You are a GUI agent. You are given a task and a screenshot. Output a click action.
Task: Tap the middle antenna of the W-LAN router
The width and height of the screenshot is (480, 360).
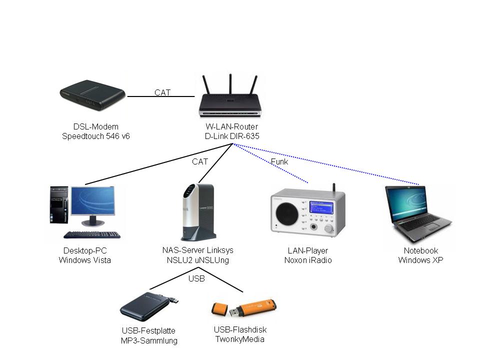[230, 85]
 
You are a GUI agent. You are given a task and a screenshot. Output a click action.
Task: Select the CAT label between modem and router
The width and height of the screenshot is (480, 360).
[162, 92]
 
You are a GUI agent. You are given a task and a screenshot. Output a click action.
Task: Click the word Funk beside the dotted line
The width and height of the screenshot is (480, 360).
[279, 161]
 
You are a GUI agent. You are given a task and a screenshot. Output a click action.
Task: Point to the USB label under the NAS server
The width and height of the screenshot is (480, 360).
[196, 279]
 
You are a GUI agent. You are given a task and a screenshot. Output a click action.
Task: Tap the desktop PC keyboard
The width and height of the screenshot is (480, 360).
[92, 234]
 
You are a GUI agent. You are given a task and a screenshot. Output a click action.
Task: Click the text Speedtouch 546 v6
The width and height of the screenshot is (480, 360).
[95, 136]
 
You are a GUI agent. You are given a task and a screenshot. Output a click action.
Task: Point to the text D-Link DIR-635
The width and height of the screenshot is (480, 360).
[232, 136]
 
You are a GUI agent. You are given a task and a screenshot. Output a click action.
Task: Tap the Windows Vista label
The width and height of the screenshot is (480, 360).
[85, 260]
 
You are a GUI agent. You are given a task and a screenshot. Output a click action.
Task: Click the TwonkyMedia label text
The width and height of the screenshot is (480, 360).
[239, 339]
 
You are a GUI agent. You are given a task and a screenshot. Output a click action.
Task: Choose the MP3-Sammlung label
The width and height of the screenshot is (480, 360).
[149, 341]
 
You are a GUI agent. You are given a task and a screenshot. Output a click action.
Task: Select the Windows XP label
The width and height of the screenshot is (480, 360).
[420, 260]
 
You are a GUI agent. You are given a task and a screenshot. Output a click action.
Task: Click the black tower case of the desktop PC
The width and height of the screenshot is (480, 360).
[58, 205]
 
